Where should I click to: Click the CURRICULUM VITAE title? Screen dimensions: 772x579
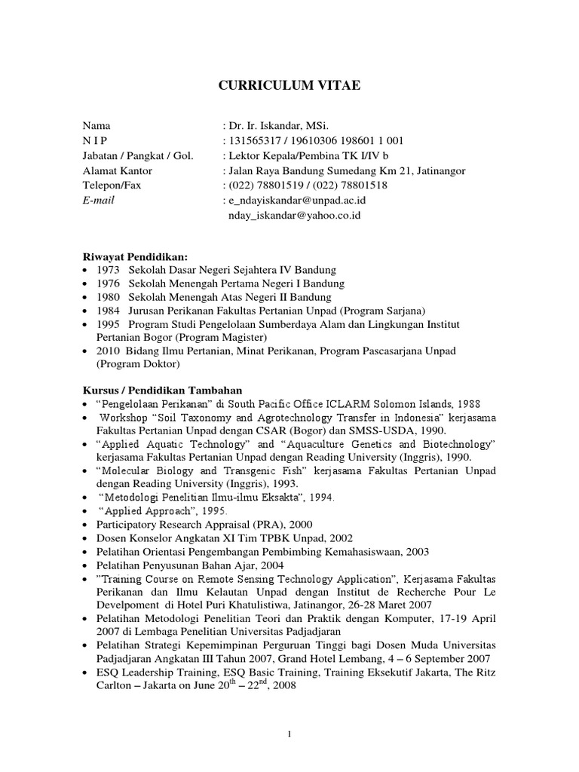click(x=289, y=86)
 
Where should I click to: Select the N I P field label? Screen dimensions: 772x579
click(x=95, y=140)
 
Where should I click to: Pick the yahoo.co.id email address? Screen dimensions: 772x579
click(x=294, y=215)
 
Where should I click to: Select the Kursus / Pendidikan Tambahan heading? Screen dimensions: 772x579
click(x=162, y=390)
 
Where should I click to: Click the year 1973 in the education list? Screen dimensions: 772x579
click(x=108, y=270)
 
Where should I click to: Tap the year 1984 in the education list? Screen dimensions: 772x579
click(x=108, y=311)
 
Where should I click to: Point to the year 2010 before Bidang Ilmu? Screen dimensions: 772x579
click(x=108, y=351)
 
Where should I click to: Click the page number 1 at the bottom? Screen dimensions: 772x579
click(x=289, y=735)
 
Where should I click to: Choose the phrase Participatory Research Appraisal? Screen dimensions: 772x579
click(x=187, y=524)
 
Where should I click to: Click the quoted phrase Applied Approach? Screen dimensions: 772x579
click(x=147, y=510)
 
